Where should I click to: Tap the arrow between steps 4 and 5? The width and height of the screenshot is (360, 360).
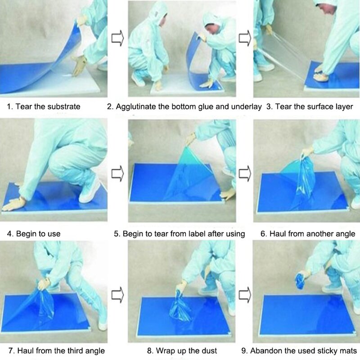pos(117,172)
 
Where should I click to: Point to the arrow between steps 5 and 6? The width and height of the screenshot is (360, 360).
pos(244,172)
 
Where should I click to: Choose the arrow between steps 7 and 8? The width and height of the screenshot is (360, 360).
pos(117,295)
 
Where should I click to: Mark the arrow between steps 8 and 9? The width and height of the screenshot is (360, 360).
pos(244,295)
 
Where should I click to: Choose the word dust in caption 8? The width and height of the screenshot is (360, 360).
pos(209,350)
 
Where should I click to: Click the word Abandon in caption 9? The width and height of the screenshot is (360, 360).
pos(264,350)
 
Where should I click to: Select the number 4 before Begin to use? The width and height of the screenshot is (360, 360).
pos(9,234)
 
